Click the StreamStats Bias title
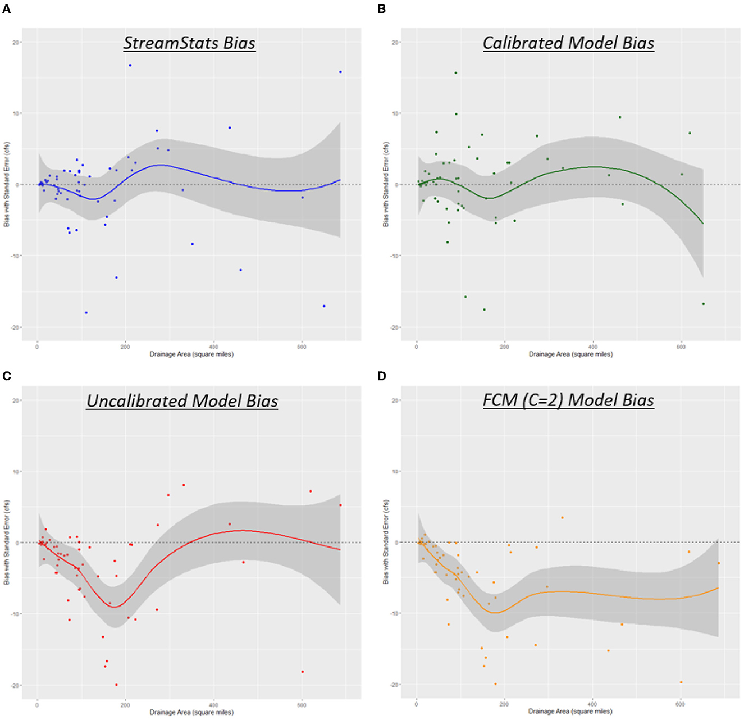(189, 43)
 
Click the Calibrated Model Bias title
(568, 43)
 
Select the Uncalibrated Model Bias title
(182, 401)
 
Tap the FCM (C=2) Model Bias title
(568, 400)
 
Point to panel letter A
(6, 9)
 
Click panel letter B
(382, 9)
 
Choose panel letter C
(6, 376)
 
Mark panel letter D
(382, 376)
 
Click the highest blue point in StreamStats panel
(130, 65)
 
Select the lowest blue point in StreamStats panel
(86, 312)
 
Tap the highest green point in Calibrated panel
(455, 72)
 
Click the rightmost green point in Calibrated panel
(703, 304)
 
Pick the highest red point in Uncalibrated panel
(184, 485)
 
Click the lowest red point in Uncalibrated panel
(116, 685)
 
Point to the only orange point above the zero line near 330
(562, 517)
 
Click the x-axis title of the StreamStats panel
(191, 354)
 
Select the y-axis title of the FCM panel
(386, 542)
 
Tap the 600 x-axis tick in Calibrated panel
(681, 347)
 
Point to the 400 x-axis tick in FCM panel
(592, 704)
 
